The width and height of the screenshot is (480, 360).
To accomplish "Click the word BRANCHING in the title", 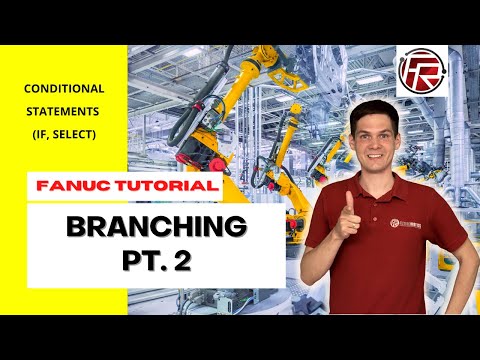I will pos(155,227).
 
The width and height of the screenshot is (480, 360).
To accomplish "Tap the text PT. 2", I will pos(156,261).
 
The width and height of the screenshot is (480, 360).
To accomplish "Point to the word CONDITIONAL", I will pos(64,89).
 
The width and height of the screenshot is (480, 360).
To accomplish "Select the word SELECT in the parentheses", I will pos(75,135).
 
